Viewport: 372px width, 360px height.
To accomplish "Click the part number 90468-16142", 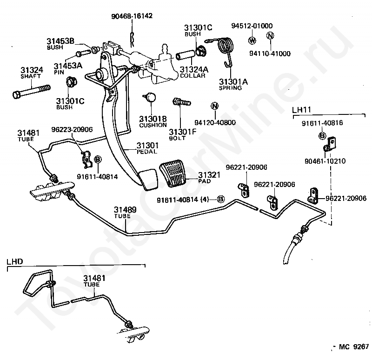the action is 132,16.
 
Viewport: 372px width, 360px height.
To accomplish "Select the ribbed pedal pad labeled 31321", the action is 173,173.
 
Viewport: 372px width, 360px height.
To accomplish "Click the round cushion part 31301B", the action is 150,97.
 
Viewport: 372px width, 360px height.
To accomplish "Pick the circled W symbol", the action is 252,40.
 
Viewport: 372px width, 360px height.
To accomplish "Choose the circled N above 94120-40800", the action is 215,106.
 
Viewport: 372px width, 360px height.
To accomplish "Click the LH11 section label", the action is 301,110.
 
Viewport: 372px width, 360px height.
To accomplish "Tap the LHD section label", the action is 15,261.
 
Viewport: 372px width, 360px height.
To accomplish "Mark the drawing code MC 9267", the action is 354,347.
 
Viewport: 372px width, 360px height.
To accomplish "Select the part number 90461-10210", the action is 325,161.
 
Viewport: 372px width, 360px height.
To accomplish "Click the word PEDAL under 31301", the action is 147,152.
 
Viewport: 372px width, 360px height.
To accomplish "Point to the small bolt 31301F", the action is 181,102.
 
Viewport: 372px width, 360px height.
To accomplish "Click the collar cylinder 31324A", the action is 186,55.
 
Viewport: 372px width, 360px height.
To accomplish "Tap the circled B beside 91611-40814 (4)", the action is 220,199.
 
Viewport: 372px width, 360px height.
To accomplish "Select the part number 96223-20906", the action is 72,129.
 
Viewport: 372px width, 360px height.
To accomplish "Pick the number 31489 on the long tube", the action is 125,210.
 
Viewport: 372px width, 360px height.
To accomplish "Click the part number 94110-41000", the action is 270,53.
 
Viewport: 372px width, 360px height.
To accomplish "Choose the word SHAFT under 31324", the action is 31,76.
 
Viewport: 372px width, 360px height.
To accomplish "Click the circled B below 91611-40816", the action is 322,136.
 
